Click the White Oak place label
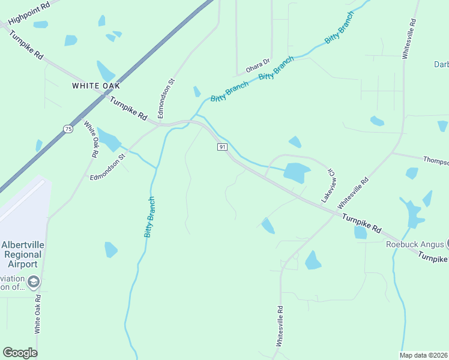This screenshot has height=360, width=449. pyautogui.click(x=96, y=86)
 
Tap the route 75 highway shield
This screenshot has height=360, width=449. pyautogui.click(x=68, y=129)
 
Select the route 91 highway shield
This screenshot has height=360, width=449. pyautogui.click(x=222, y=147)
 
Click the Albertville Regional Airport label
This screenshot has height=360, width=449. pyautogui.click(x=23, y=254)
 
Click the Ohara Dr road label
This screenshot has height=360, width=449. pyautogui.click(x=259, y=62)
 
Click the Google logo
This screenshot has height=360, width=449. pyautogui.click(x=20, y=353)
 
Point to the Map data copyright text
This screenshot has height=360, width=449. pyautogui.click(x=424, y=355)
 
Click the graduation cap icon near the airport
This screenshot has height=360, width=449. pyautogui.click(x=34, y=281)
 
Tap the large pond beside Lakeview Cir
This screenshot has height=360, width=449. pyautogui.click(x=297, y=173)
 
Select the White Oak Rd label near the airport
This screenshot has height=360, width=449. pyautogui.click(x=38, y=314)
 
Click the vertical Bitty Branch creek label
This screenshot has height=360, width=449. pyautogui.click(x=150, y=217)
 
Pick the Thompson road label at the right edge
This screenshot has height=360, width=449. pyautogui.click(x=436, y=161)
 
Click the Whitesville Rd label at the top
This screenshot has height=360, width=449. pyautogui.click(x=409, y=38)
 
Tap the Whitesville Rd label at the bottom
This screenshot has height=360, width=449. pyautogui.click(x=279, y=326)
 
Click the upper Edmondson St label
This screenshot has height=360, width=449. pyautogui.click(x=165, y=98)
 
